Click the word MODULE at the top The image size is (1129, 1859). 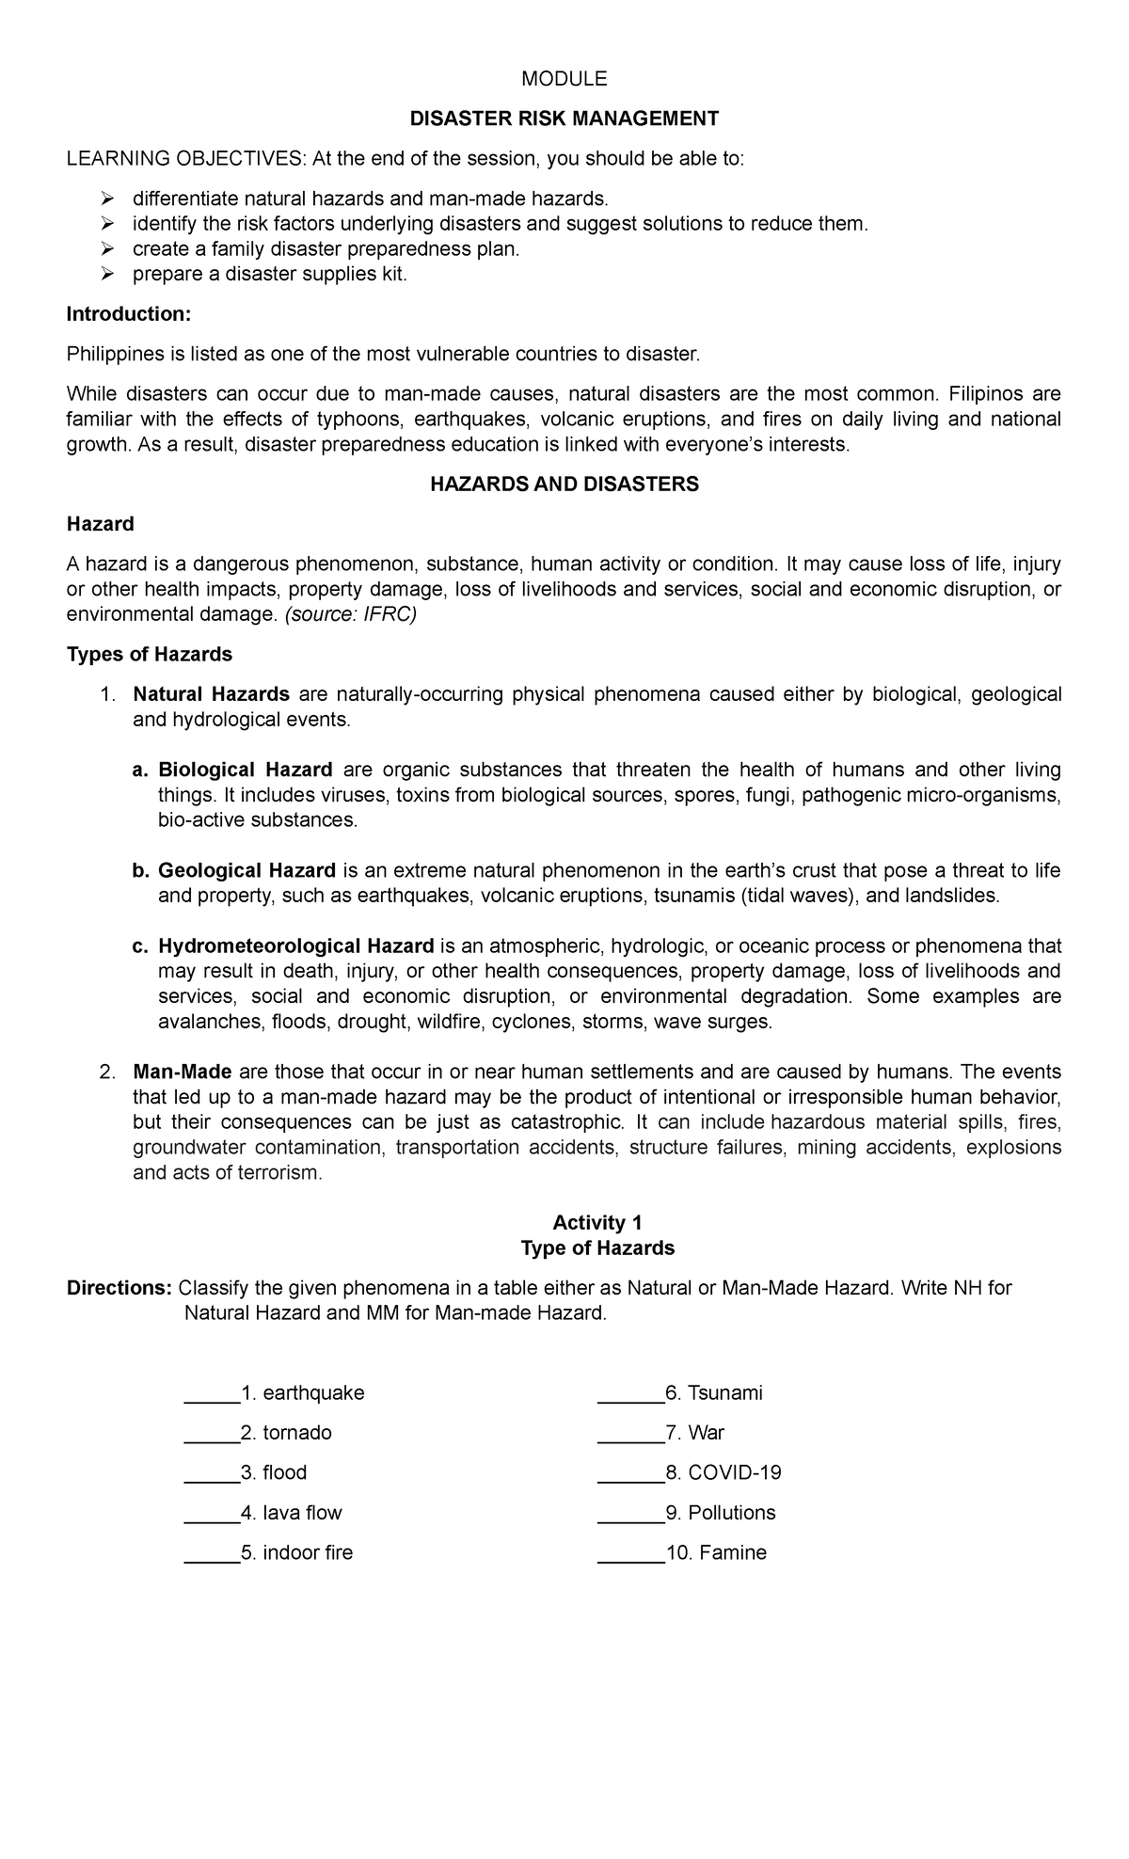[x=564, y=79]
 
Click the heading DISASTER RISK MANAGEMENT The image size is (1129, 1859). [x=564, y=119]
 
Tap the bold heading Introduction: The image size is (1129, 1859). [x=129, y=314]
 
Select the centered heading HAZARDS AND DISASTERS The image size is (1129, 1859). [x=564, y=485]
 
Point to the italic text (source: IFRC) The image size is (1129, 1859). [x=350, y=615]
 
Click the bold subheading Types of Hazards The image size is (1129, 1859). [x=150, y=654]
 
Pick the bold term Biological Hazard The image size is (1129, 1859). [x=246, y=771]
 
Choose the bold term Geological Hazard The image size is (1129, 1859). [x=246, y=870]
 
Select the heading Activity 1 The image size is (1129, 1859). [x=597, y=1223]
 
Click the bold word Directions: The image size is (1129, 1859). [x=119, y=1288]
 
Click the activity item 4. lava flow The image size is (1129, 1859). [x=291, y=1514]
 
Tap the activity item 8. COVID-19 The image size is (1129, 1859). [x=723, y=1473]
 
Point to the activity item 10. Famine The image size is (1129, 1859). [x=715, y=1553]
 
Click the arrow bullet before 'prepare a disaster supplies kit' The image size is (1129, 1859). [x=108, y=275]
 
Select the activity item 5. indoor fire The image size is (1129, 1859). [x=296, y=1553]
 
